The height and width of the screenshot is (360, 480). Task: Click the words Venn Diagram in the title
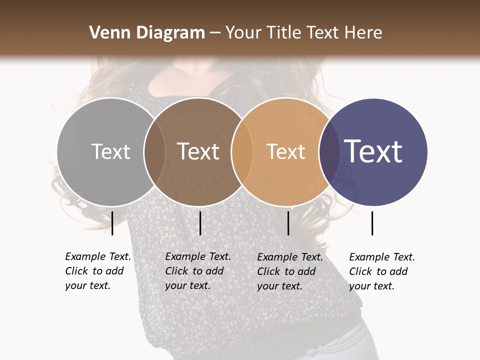click(x=147, y=33)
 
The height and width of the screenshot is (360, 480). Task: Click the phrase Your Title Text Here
click(x=303, y=33)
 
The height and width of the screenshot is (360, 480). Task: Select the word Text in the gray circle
click(x=110, y=151)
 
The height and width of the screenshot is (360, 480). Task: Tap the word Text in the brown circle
click(x=198, y=151)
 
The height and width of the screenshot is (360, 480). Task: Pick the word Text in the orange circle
click(x=285, y=151)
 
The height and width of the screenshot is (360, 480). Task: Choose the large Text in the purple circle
click(x=373, y=151)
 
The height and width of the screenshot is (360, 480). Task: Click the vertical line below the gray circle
click(x=112, y=223)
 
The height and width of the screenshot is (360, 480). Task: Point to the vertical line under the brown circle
click(x=200, y=223)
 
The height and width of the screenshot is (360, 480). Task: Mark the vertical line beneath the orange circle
click(x=288, y=223)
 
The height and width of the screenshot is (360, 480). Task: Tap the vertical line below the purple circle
click(x=372, y=223)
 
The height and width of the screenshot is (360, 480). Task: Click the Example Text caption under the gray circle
click(x=98, y=271)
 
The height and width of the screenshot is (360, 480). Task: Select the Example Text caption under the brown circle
click(x=198, y=271)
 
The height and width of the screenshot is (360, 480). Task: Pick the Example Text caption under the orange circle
click(x=290, y=271)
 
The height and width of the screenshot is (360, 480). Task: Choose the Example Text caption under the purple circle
click(x=382, y=271)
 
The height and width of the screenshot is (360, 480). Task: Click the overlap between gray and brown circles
click(x=154, y=151)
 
